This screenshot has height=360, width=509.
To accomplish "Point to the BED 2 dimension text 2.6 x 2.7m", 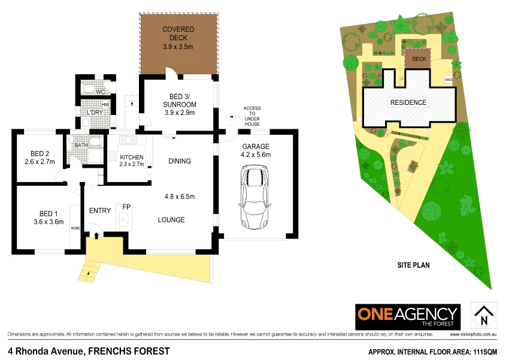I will pos(40,162).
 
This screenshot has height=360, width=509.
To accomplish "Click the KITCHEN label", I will pos(132,158).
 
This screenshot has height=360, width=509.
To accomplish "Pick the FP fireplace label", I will pos(126,207).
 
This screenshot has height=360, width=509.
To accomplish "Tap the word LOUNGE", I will pos(171,220).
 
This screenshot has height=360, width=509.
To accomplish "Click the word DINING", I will pos(180,161).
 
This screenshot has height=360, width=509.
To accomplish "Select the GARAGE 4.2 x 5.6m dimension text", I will pos(256,155).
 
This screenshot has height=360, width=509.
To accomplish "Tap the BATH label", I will pos(81,145).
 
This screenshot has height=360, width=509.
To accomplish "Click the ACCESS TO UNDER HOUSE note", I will pos(252,116).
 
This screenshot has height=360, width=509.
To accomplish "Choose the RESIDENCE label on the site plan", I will pos(408,102).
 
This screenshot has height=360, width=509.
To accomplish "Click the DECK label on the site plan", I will pos(419,59).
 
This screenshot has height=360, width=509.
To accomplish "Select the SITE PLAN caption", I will pos(414,264).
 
